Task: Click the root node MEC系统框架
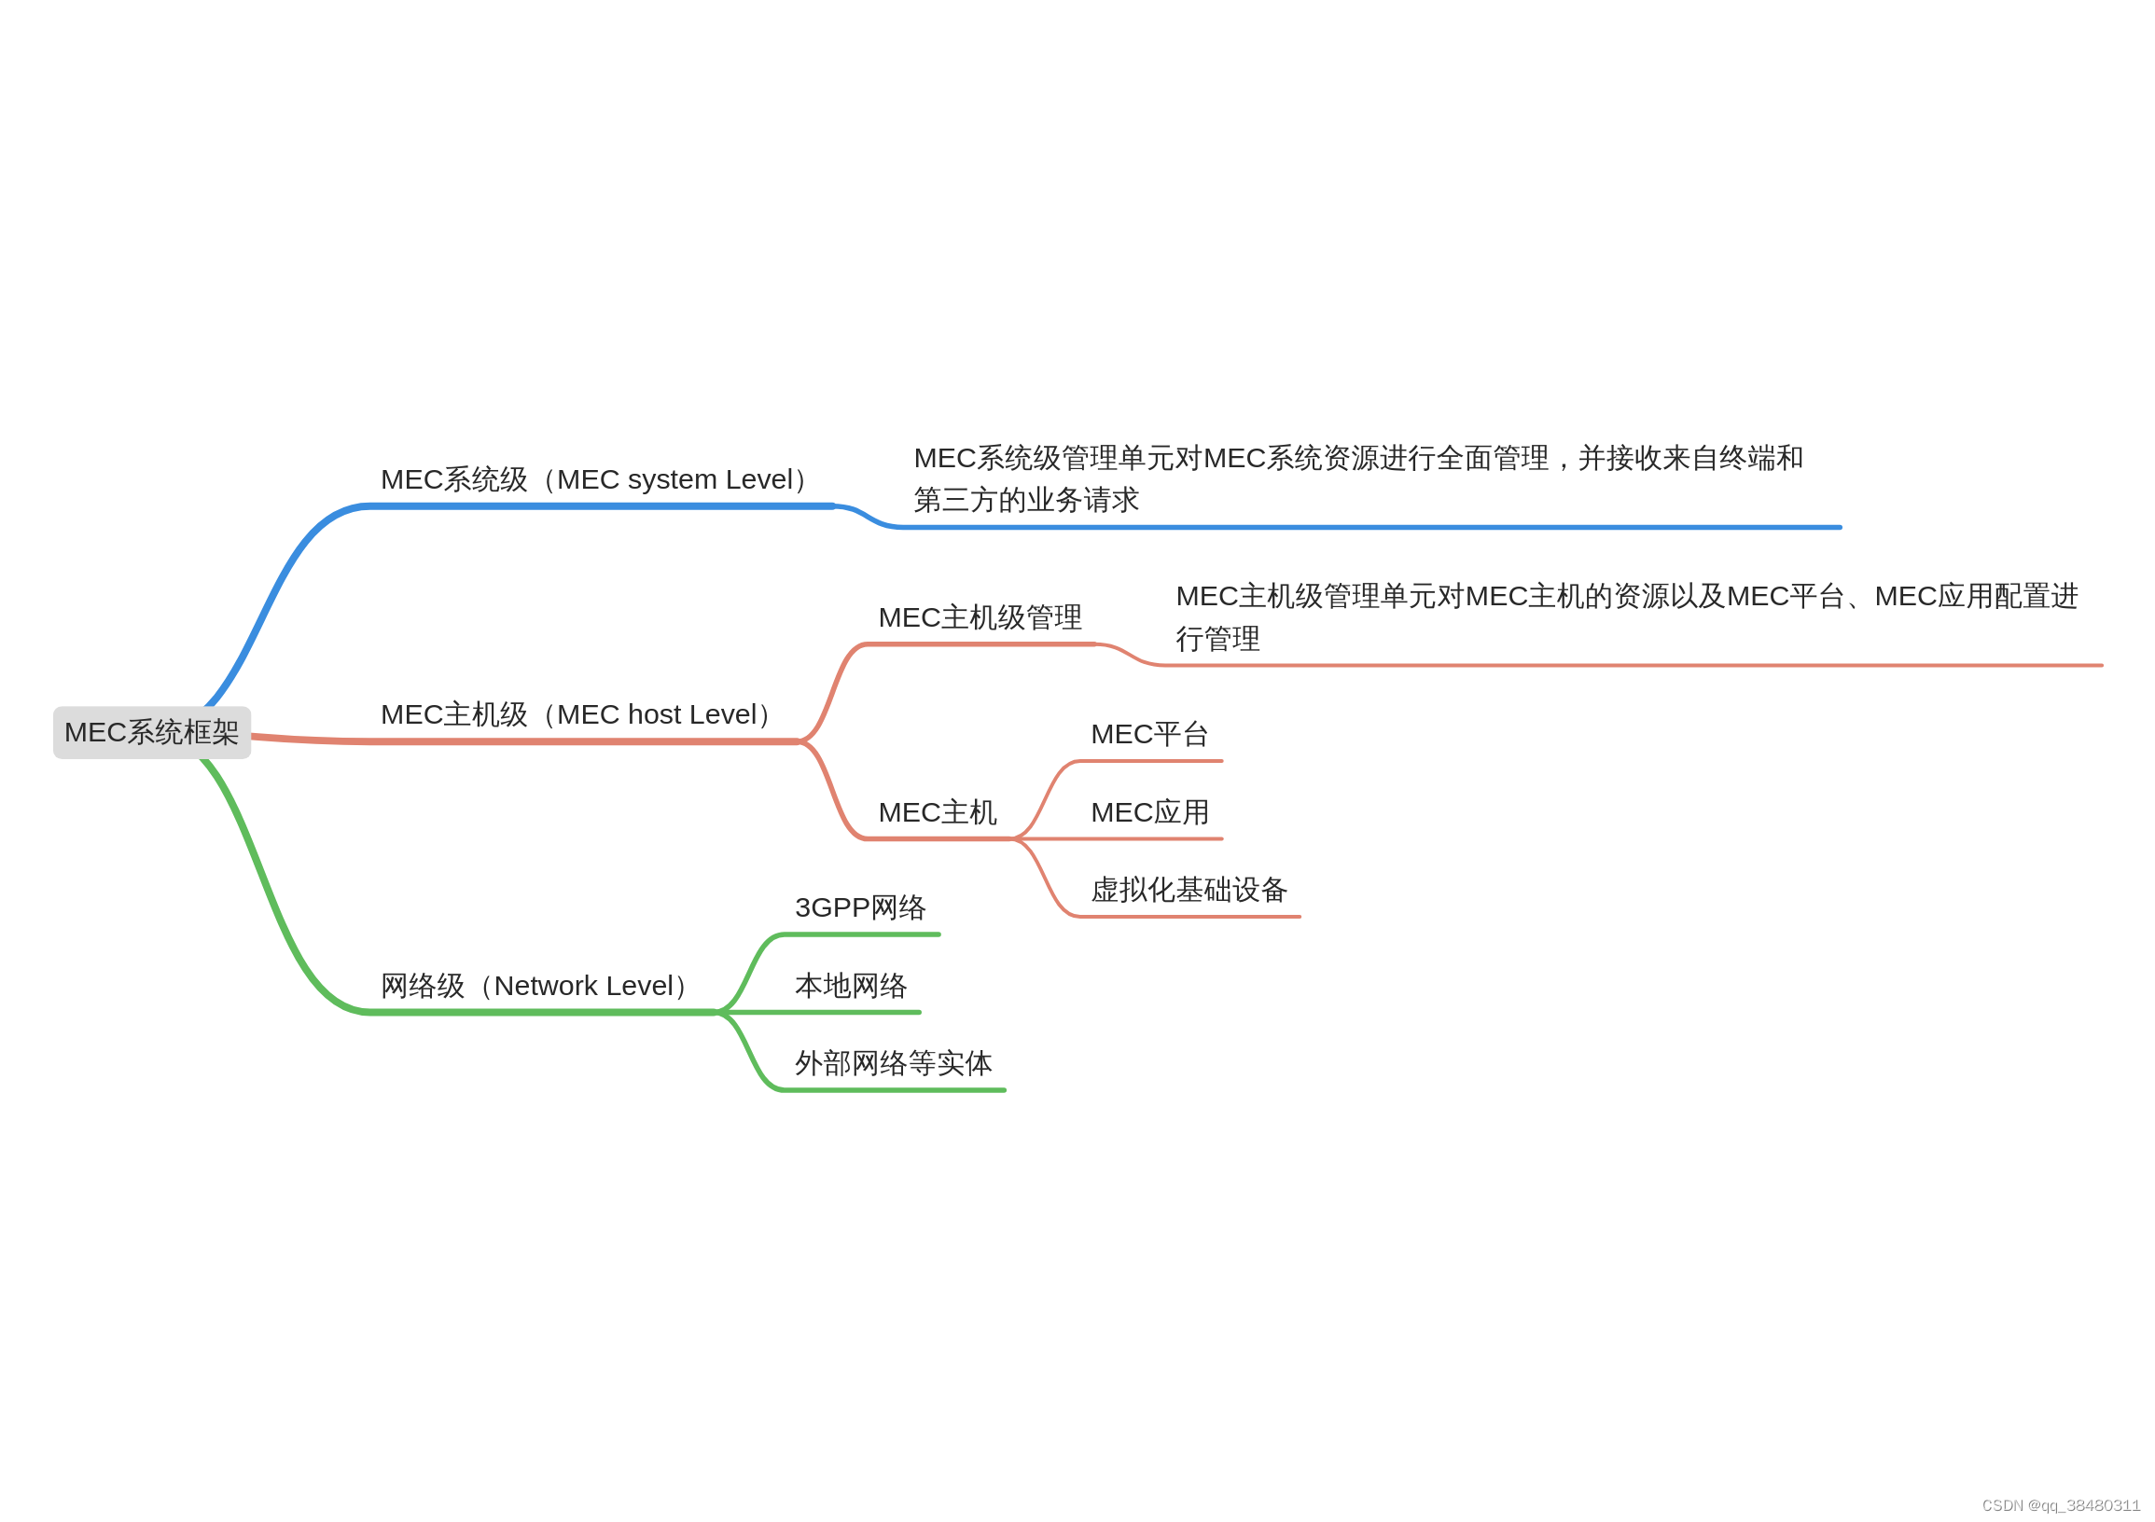[152, 733]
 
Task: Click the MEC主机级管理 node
[980, 617]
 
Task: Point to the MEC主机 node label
[937, 812]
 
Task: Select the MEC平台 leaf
[1148, 734]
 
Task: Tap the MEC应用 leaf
[1148, 812]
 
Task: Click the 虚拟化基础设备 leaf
[1189, 891]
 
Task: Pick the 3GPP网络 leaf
[860, 908]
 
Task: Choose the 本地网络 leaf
[851, 986]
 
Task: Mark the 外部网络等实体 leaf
[893, 1064]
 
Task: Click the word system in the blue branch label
[672, 480]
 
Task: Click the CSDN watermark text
[2060, 1506]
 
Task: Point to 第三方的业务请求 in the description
[1026, 500]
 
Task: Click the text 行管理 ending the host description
[1217, 639]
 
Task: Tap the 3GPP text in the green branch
[831, 908]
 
